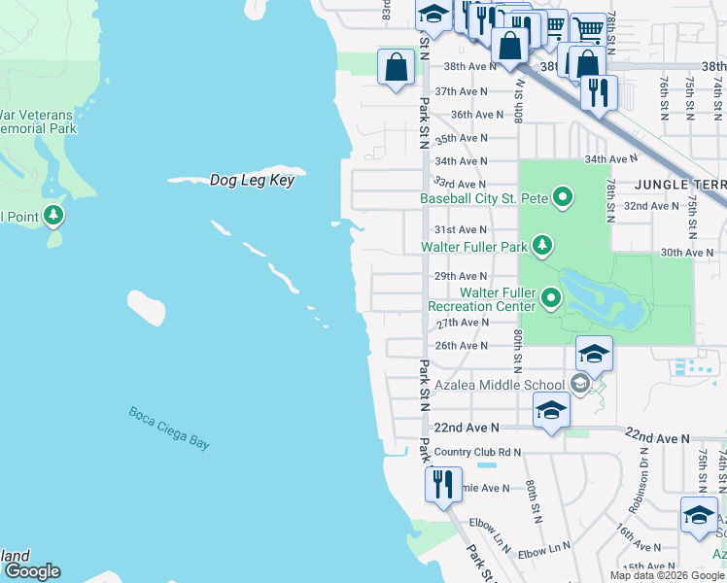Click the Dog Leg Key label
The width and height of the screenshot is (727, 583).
pos(252,181)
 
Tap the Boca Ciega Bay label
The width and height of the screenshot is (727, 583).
pos(170,428)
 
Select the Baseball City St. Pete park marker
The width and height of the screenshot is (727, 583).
pos(563,199)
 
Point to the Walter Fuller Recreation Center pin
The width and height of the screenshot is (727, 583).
pos(551,296)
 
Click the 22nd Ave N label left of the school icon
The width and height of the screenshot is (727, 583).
pos(466,428)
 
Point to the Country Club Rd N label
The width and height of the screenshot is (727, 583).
pos(477,452)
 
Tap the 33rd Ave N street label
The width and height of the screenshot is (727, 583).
pos(460,184)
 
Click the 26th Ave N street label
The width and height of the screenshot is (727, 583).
pos(460,346)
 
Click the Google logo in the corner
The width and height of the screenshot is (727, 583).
pos(32,571)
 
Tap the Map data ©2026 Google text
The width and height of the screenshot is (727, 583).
pos(667,575)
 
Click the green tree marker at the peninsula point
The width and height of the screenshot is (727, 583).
pos(53,215)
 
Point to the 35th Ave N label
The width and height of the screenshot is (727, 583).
pos(460,139)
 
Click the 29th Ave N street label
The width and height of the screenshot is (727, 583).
pos(460,276)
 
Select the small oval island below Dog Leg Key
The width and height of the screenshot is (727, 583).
pos(146,307)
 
